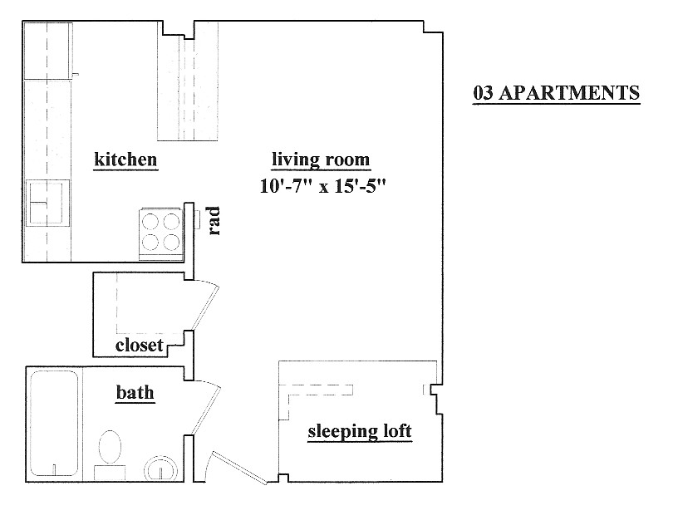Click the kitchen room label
125,159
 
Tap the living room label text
321,159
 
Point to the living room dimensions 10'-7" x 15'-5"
322,186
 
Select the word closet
139,345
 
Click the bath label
135,392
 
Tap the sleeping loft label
360,431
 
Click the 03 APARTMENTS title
556,93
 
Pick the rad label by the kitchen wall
214,221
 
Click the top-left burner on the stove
150,222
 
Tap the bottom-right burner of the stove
171,243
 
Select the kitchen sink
47,203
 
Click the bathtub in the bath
55,424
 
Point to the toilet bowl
110,447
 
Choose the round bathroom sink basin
160,469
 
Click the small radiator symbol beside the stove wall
197,220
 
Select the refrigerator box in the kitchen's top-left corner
47,51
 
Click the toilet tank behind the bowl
110,473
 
